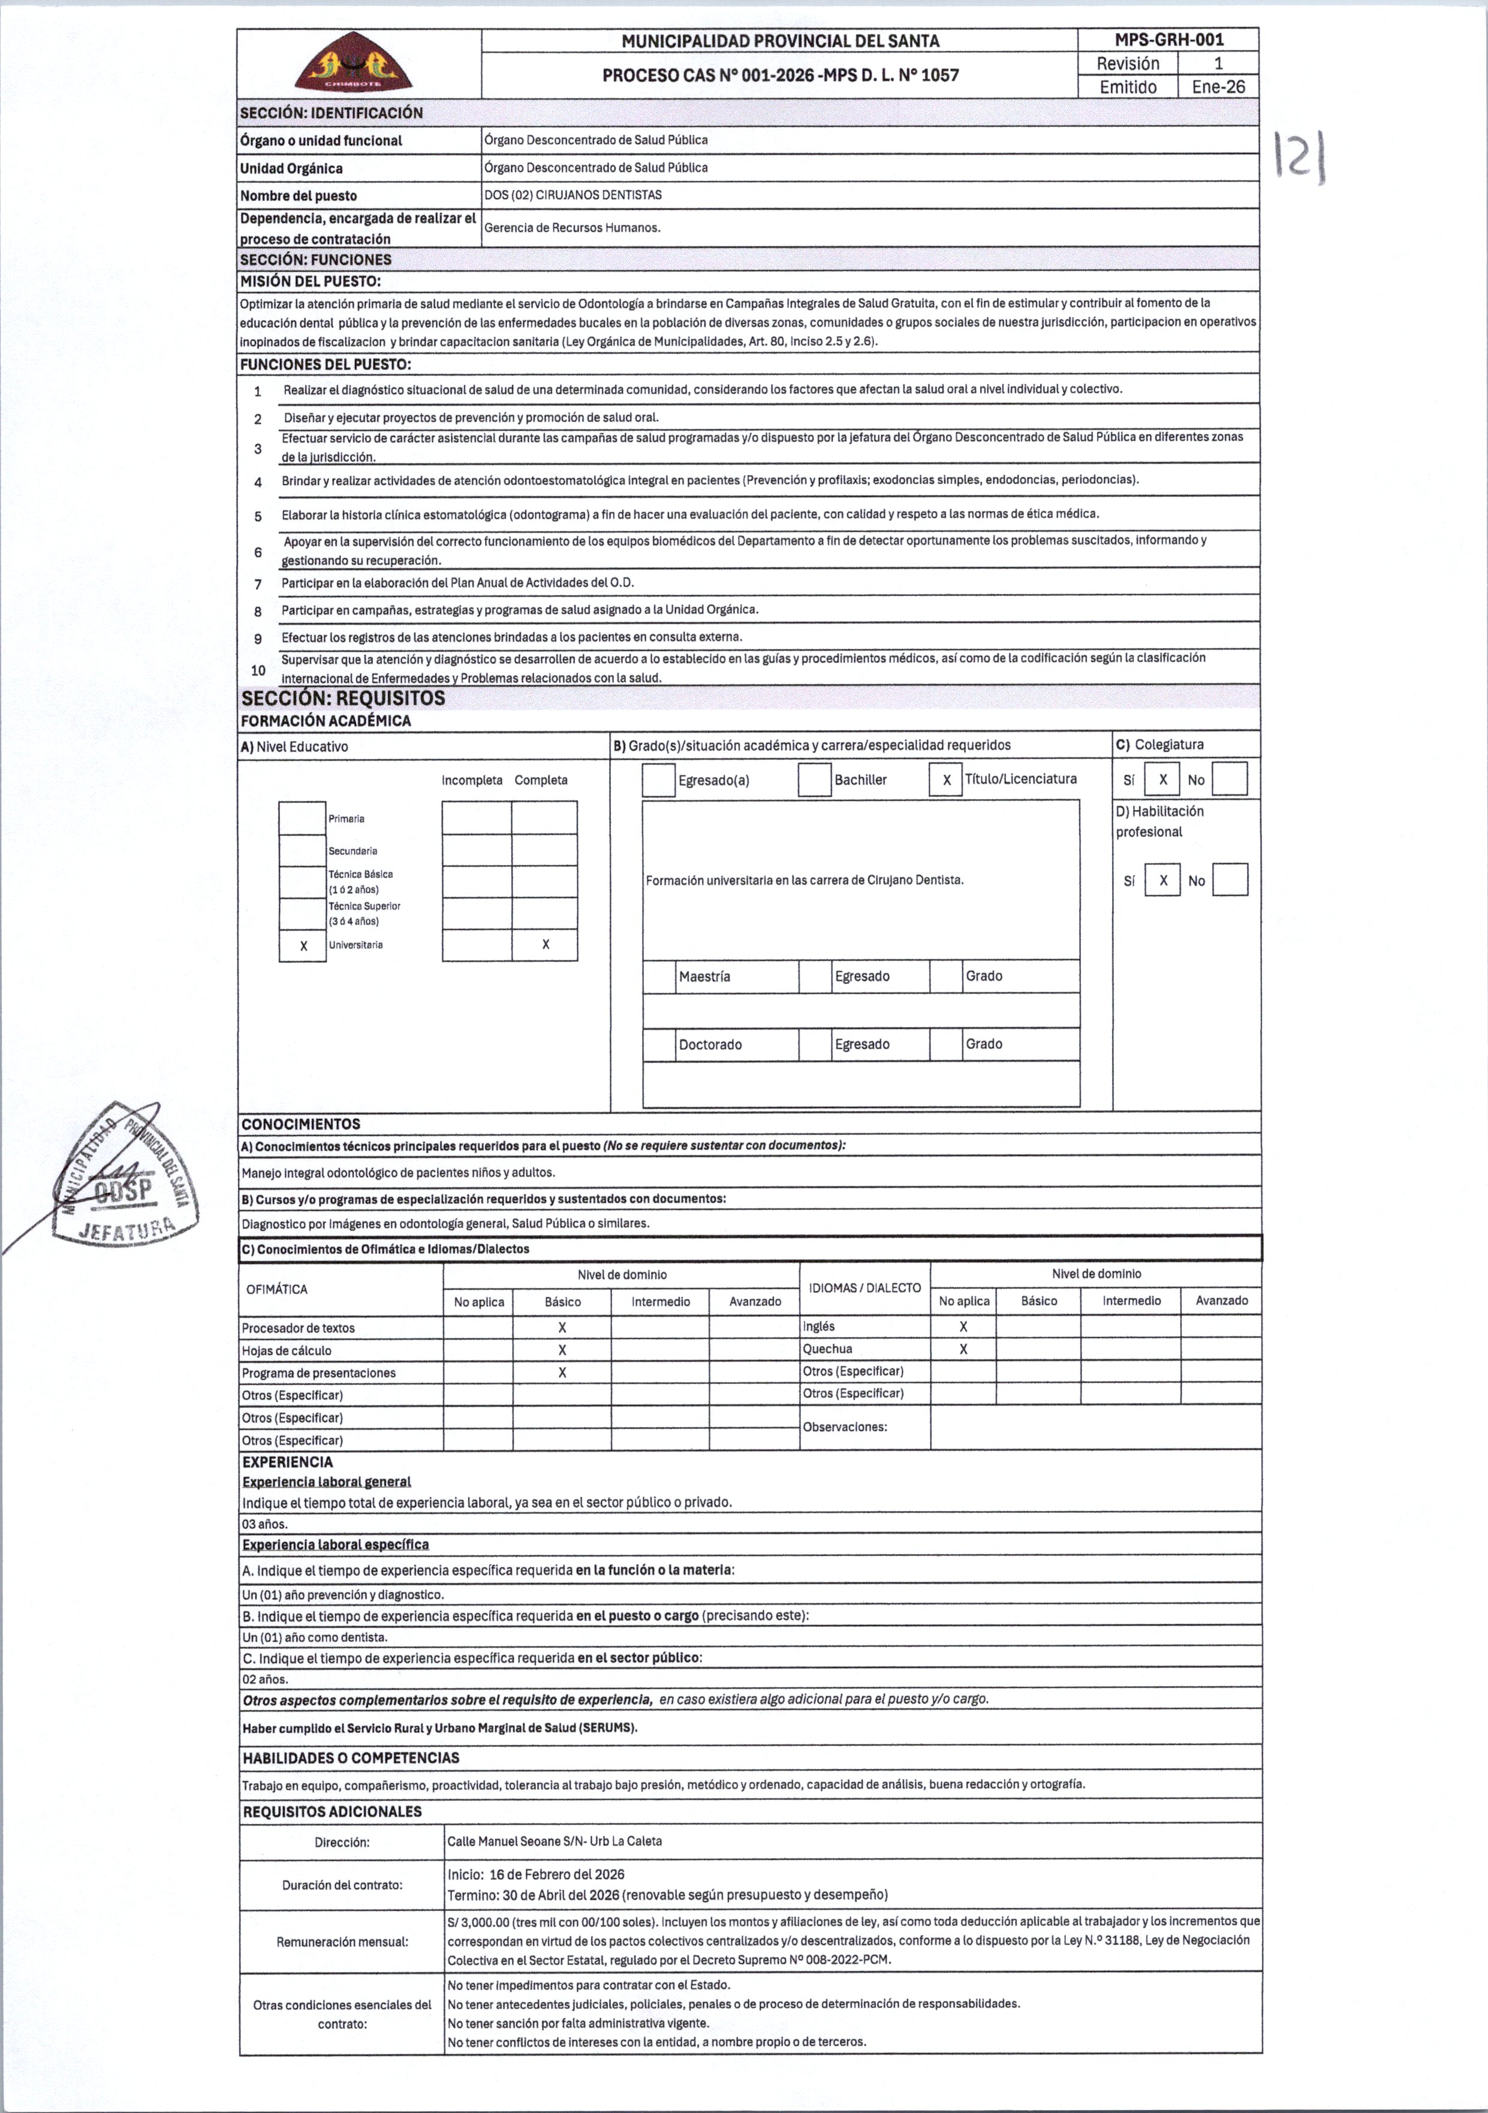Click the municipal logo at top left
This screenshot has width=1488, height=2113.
point(359,62)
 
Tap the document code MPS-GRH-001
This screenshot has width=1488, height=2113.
point(1168,40)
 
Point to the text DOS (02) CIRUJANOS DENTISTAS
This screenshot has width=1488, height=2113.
point(573,195)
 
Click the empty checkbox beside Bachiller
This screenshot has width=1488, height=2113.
point(814,779)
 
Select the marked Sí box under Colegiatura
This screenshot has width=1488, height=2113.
point(1162,779)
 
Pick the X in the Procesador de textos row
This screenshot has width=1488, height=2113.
point(562,1328)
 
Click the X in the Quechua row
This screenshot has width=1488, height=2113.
point(963,1349)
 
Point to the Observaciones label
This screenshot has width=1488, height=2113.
point(845,1428)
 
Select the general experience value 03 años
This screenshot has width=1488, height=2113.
point(265,1524)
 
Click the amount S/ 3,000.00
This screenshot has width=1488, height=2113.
point(478,1922)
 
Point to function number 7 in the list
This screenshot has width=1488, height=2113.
point(258,583)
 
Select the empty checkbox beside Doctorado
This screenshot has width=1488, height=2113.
point(659,1045)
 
